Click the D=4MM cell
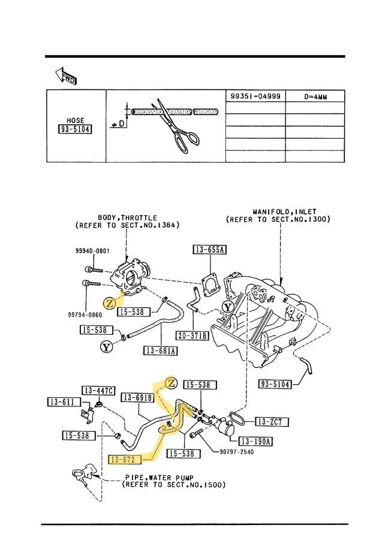tap(315, 97)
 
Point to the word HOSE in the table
tap(76, 120)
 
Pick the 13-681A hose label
tap(160, 351)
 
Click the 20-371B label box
tap(192, 335)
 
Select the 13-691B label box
tap(138, 397)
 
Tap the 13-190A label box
tap(257, 442)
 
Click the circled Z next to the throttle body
tap(110, 303)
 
